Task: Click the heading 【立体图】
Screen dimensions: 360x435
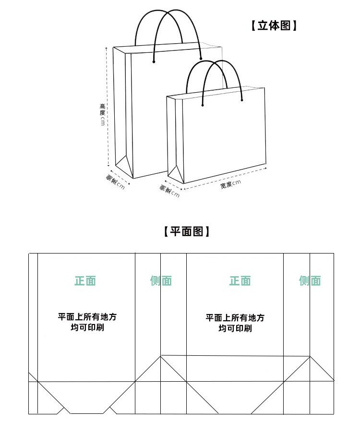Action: coord(274,25)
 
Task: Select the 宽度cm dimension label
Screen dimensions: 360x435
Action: coord(230,184)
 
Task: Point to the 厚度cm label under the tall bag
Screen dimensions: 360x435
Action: coord(115,183)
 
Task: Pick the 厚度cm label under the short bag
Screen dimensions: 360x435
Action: coord(169,191)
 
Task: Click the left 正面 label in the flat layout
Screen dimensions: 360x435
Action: coord(85,281)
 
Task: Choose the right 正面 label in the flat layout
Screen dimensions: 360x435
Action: coord(240,281)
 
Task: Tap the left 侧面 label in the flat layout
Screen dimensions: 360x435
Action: coord(161,281)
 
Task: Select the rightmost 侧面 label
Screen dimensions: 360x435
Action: coord(310,281)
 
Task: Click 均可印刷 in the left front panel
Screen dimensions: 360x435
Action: coord(87,328)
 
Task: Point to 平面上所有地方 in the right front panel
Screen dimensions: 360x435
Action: coord(235,318)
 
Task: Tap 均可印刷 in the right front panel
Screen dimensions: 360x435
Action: coord(235,329)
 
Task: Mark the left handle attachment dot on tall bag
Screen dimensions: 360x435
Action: coord(154,61)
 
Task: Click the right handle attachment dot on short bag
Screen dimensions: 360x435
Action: coord(242,100)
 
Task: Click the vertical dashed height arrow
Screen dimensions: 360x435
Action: coord(107,106)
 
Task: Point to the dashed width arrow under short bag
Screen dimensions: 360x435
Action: coord(226,176)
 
